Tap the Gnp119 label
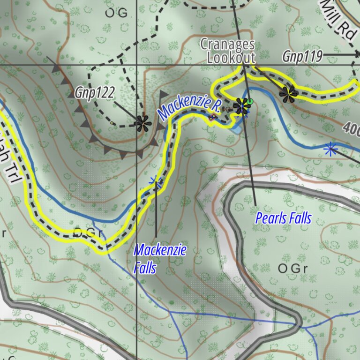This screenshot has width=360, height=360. tap(302, 57)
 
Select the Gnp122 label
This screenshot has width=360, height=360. tap(94, 93)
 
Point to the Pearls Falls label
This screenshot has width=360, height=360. tap(283, 218)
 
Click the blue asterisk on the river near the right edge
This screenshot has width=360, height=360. tap(331, 150)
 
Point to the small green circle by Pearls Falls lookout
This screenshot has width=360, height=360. tap(250, 101)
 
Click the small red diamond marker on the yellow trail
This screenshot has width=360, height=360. tap(211, 117)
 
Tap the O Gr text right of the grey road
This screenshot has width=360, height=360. tap(292, 269)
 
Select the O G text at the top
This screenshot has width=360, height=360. tap(116, 14)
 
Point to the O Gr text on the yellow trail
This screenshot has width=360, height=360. tap(88, 232)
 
